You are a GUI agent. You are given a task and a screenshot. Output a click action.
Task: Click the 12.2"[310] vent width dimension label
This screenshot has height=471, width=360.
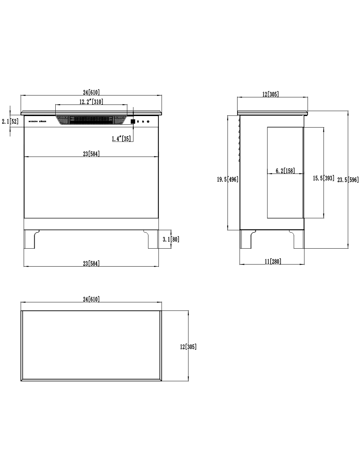pyautogui.click(x=91, y=102)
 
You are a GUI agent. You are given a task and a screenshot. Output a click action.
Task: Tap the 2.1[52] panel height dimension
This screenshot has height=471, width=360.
pyautogui.click(x=10, y=121)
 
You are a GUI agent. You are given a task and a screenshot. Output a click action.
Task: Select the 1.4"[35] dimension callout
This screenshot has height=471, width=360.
pyautogui.click(x=121, y=139)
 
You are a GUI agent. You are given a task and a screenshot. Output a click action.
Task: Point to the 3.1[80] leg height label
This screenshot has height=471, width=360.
pyautogui.click(x=171, y=239)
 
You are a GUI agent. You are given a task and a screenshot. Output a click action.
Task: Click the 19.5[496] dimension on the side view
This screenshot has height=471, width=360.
pyautogui.click(x=228, y=179)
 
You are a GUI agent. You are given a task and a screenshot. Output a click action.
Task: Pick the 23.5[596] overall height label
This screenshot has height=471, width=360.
pyautogui.click(x=348, y=180)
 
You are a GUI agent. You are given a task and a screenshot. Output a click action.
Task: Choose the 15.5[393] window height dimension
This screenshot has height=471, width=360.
pyautogui.click(x=323, y=178)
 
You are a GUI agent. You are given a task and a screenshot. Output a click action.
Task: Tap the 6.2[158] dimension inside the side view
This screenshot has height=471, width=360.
pyautogui.click(x=285, y=171)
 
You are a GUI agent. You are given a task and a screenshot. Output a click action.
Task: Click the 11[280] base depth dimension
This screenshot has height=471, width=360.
pyautogui.click(x=273, y=261)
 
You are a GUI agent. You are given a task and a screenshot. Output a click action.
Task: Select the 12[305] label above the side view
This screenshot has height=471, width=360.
pyautogui.click(x=271, y=94)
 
